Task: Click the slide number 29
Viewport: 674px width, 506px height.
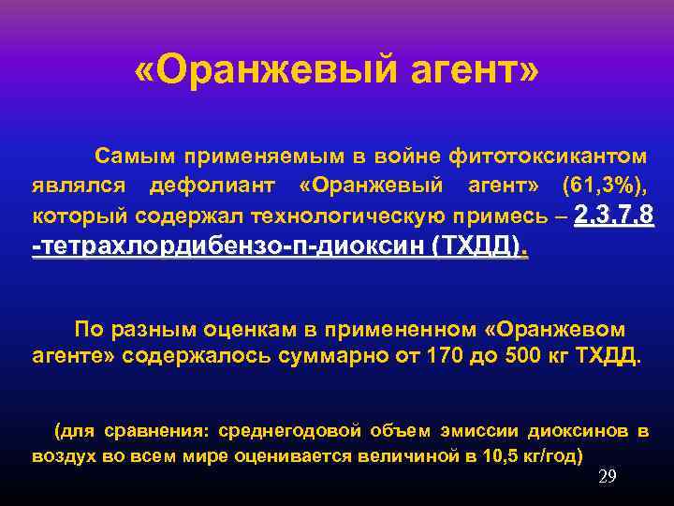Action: click(608, 477)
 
